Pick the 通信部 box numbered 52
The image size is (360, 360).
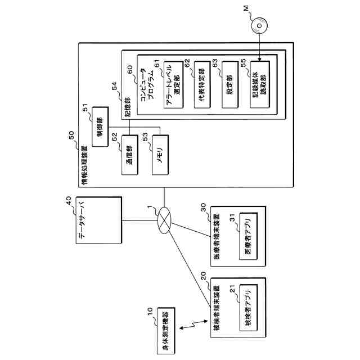(129, 155)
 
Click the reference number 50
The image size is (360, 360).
(71, 136)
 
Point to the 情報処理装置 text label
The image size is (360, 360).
(83, 166)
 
